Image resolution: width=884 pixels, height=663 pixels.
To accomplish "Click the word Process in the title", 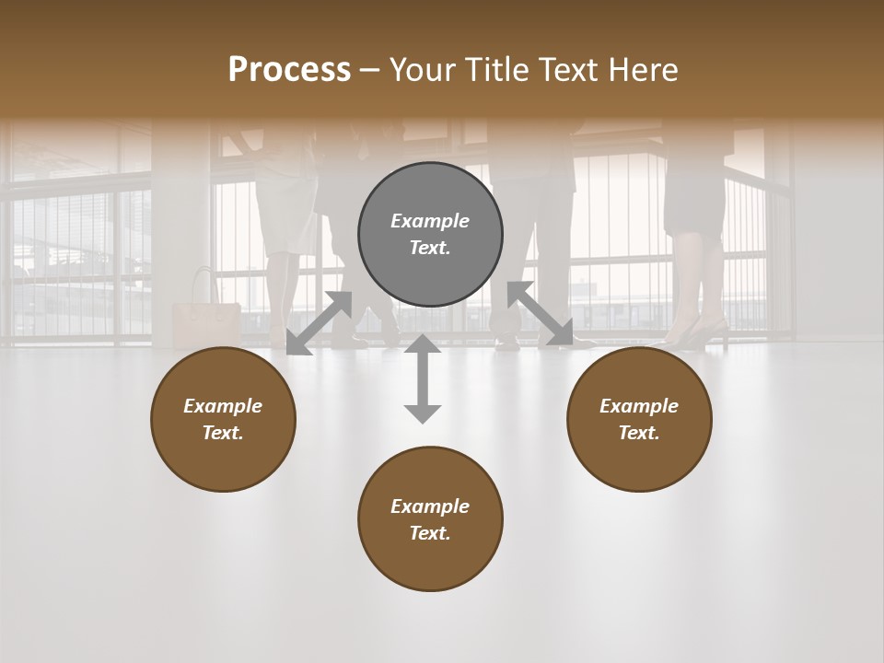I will coord(289,70).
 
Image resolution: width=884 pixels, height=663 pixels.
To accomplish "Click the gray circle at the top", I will coord(430,234).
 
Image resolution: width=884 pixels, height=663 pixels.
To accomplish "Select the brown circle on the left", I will coord(223,419).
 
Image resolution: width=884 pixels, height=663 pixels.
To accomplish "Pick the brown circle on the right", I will coord(639,419).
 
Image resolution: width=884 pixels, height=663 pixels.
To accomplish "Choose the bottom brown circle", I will coord(430,518).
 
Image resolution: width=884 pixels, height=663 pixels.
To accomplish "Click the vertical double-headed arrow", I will coord(423,378).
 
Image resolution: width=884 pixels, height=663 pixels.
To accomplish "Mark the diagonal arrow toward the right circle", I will coord(541,314).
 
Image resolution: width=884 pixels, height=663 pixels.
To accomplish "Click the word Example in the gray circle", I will coord(430,221).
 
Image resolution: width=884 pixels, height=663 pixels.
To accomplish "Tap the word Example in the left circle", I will coord(223,406).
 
